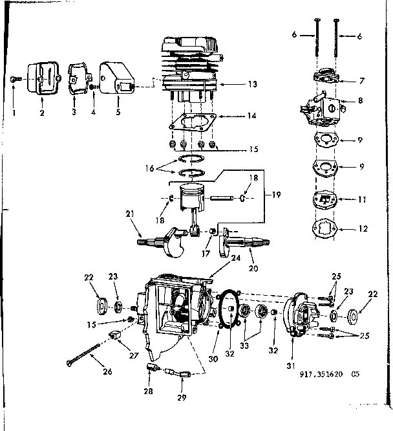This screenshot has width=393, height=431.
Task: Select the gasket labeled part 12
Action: click(324, 228)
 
